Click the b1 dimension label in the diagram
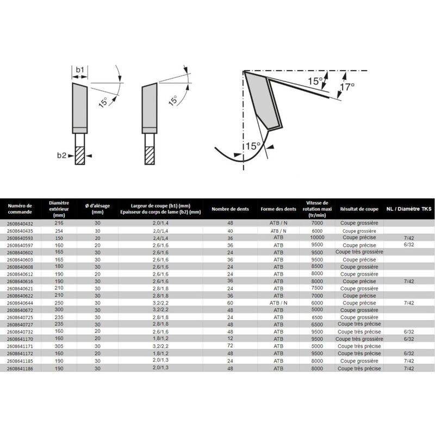[x=79, y=70]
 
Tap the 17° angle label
[x=347, y=86]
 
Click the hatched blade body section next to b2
[x=80, y=156]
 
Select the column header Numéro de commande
[x=21, y=209]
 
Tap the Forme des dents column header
[x=278, y=209]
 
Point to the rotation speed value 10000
[x=317, y=237]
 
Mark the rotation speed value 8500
[x=317, y=266]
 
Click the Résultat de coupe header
[x=359, y=209]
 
